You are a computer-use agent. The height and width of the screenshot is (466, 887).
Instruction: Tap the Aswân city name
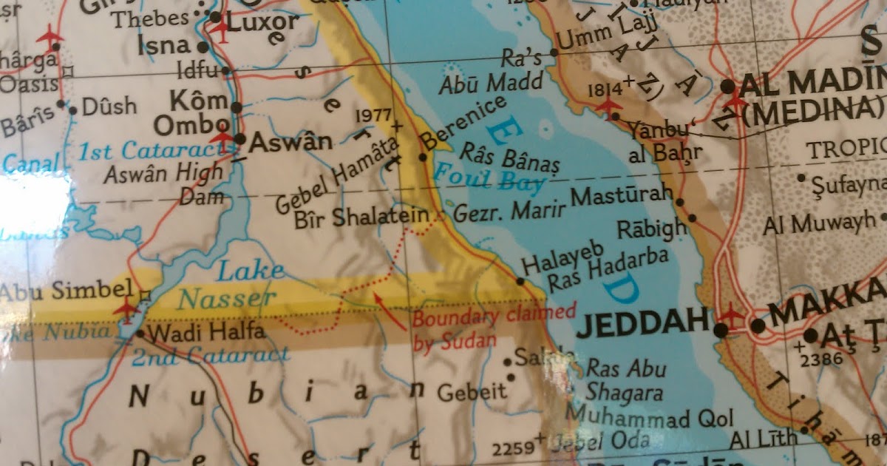(x=290, y=141)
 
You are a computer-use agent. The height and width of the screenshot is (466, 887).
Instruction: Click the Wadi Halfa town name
(x=194, y=334)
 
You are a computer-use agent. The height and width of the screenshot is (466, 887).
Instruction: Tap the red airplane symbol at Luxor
(x=221, y=29)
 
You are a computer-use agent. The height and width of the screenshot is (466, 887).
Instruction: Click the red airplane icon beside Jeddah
(x=732, y=315)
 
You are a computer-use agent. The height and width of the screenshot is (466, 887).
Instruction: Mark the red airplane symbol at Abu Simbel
(x=126, y=305)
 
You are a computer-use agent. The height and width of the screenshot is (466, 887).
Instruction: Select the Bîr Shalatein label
(x=361, y=217)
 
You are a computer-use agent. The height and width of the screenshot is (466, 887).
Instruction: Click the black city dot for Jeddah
(x=721, y=329)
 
